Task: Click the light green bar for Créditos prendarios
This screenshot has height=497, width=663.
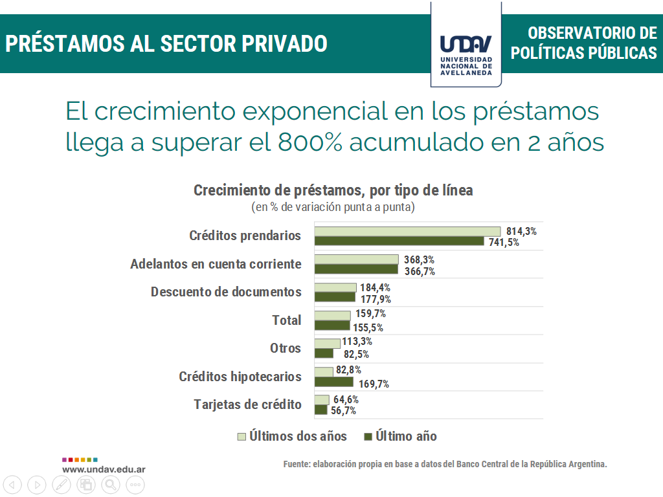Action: (x=407, y=232)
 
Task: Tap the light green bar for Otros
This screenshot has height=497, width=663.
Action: (x=327, y=344)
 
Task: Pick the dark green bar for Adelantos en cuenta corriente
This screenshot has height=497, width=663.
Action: (x=356, y=269)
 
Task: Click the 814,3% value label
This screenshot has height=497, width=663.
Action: (x=521, y=232)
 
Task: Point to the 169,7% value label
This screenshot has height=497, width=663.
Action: (x=374, y=384)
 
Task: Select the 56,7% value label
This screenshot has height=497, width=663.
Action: (x=343, y=411)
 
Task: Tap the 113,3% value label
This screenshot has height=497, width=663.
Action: (x=357, y=342)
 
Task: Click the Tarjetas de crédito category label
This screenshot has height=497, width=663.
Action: (x=247, y=404)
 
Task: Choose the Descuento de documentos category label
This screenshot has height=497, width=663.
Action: (x=226, y=292)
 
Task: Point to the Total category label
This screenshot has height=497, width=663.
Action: (x=286, y=320)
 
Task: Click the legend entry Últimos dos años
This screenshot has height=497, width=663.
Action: (x=298, y=436)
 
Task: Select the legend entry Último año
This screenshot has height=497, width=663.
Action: (x=406, y=436)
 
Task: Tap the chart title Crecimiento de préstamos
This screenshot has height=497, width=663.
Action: (x=333, y=190)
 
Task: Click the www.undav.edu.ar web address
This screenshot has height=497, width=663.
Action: (x=104, y=469)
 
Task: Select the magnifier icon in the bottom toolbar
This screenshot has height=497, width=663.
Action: (x=111, y=484)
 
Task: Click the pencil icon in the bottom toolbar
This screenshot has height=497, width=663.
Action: (x=62, y=484)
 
